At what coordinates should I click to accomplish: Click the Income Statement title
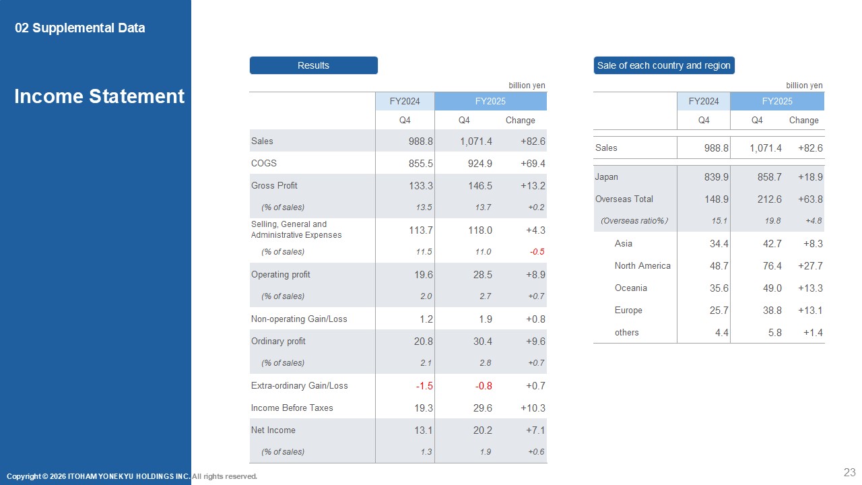(99, 96)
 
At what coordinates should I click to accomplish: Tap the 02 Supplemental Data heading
(79, 28)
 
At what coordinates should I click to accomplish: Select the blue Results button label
(313, 65)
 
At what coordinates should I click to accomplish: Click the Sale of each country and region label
(664, 65)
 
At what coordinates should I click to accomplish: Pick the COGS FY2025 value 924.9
(480, 164)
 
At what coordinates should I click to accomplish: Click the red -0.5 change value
(537, 252)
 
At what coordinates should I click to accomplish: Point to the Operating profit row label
(281, 274)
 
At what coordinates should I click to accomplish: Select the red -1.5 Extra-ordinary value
(424, 386)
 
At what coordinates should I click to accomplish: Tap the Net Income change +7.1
(535, 430)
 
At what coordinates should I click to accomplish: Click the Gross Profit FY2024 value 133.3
(421, 186)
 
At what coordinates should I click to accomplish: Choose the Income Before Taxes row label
(292, 408)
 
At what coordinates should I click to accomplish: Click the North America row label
(642, 265)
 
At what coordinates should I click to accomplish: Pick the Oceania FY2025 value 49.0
(772, 288)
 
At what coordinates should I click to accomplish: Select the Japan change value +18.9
(810, 177)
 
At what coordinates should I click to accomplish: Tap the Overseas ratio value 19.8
(772, 221)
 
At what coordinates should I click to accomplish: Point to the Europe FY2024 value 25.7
(719, 311)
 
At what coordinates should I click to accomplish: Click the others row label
(626, 332)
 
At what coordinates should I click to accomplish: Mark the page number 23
(850, 472)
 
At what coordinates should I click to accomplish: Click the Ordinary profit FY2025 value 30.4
(483, 342)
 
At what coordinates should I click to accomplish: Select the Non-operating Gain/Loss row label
(299, 319)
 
